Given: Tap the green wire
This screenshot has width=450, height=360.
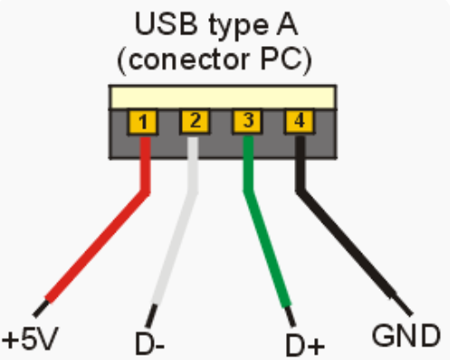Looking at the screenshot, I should (x=267, y=244).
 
